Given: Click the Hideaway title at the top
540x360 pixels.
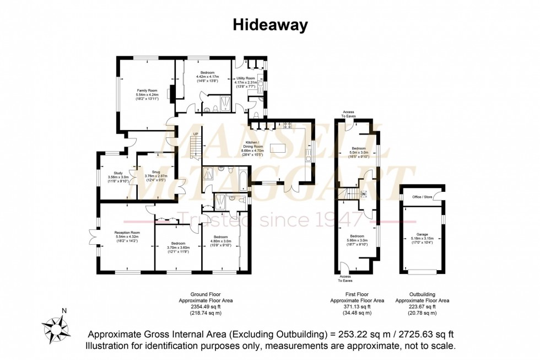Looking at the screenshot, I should (x=269, y=25).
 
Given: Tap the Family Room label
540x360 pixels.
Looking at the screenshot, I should (x=147, y=90).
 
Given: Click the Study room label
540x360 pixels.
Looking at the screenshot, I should (x=118, y=173).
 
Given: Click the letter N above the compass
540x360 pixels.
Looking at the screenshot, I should (x=64, y=310).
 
